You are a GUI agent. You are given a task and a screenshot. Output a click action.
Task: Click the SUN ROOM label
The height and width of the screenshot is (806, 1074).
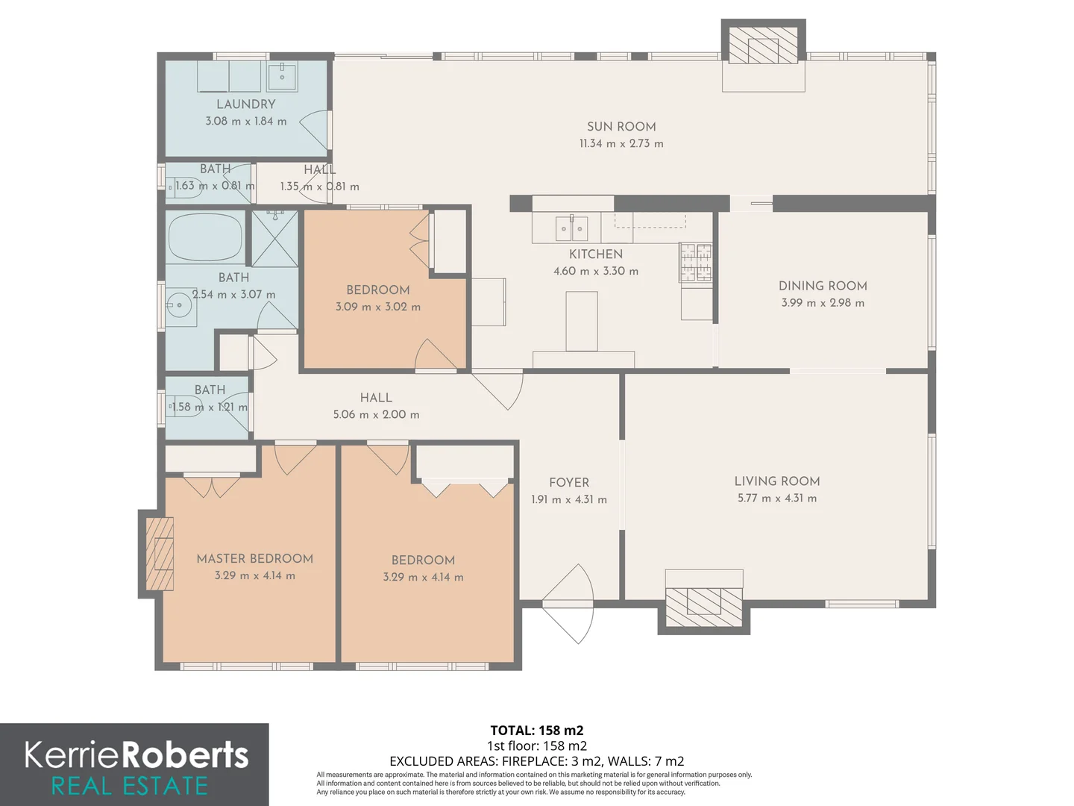pyautogui.click(x=621, y=127)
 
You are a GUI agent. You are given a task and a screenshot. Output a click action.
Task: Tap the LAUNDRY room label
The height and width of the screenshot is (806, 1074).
pyautogui.click(x=245, y=104)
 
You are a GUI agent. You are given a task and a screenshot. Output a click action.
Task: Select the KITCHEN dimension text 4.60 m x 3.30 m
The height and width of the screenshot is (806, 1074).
pyautogui.click(x=595, y=271)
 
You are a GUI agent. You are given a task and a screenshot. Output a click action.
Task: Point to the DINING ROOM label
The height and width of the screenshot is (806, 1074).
pyautogui.click(x=823, y=286)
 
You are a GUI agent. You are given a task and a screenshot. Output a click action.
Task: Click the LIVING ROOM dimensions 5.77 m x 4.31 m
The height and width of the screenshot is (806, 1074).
pyautogui.click(x=777, y=499)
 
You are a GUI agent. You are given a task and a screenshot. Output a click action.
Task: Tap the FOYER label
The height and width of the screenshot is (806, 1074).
pyautogui.click(x=569, y=483)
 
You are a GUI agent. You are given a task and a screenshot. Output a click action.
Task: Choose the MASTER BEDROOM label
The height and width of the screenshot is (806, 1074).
pyautogui.click(x=254, y=558)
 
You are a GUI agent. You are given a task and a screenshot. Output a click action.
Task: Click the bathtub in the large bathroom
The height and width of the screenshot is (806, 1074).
pyautogui.click(x=205, y=237)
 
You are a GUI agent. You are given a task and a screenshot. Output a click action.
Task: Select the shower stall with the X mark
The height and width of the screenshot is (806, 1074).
pyautogui.click(x=274, y=238)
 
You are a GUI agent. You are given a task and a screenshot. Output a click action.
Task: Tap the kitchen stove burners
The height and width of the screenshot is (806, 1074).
pyautogui.click(x=695, y=262)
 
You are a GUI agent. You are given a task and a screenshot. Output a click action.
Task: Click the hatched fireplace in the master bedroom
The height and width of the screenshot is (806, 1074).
pyautogui.click(x=160, y=554)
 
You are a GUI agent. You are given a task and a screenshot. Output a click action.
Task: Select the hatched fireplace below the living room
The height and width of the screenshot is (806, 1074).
pyautogui.click(x=703, y=607)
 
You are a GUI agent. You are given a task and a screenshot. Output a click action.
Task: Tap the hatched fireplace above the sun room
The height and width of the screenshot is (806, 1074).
pyautogui.click(x=763, y=45)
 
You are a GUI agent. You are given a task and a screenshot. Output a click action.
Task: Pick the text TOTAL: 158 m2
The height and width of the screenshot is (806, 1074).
pyautogui.click(x=537, y=731)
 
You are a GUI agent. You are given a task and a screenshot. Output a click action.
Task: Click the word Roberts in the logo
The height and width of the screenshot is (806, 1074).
pyautogui.click(x=184, y=755)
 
